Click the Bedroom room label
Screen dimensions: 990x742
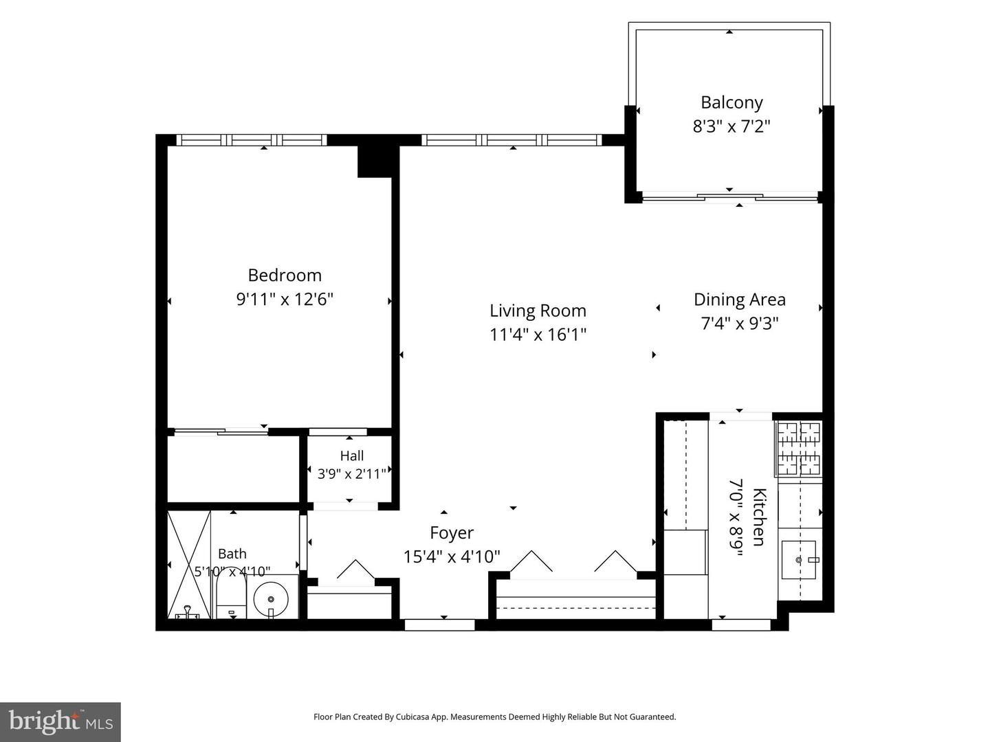[x=285, y=276]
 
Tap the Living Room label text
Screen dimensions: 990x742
[x=538, y=311]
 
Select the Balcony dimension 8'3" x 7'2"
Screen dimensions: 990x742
[x=731, y=126]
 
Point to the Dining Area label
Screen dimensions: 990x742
[x=739, y=300]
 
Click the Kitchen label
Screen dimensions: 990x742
[x=760, y=517]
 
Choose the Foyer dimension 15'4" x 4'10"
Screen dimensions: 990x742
[x=452, y=556]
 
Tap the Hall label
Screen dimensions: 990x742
[x=352, y=456]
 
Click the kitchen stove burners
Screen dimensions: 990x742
[x=798, y=448]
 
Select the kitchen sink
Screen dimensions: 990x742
[x=798, y=559]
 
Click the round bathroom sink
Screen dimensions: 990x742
[x=271, y=598]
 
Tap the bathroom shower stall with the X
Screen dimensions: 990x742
[x=189, y=565]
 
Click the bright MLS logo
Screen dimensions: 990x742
[x=60, y=722]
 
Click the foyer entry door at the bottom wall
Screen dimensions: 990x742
[x=440, y=625]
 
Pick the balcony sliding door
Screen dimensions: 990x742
[x=729, y=197]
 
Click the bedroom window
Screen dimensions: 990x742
[x=251, y=139]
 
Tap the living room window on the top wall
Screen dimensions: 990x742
[x=511, y=139]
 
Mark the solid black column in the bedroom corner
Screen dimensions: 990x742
[x=374, y=161]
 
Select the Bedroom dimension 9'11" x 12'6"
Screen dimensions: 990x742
[x=285, y=299]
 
